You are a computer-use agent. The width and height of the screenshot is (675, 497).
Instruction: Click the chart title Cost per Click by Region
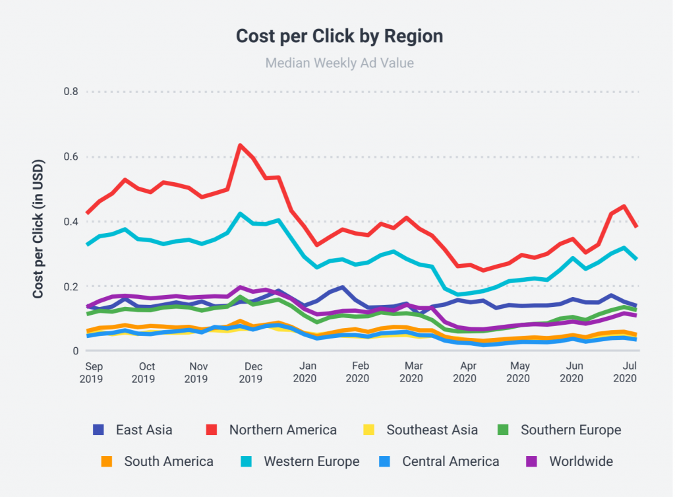339,36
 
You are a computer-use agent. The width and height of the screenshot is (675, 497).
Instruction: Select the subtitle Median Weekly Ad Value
339,63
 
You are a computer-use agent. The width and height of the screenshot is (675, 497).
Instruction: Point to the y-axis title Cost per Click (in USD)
38,228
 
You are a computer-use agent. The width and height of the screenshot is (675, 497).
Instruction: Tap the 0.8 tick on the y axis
71,92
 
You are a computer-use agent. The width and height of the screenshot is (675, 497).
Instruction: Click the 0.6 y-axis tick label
71,157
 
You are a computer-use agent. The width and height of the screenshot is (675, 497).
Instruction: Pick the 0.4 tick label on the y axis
71,222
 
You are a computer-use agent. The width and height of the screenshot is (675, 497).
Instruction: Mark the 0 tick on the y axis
75,351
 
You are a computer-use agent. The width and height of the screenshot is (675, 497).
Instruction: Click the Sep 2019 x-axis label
94,372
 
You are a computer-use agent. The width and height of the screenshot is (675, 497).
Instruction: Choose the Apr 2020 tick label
465,372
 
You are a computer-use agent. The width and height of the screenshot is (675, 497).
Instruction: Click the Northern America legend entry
283,430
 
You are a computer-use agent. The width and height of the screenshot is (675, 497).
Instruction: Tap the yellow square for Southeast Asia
369,430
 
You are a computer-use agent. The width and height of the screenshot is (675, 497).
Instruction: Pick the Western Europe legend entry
311,461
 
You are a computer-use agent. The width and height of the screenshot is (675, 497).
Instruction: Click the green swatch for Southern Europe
504,430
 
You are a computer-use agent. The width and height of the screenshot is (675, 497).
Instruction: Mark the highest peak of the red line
240,145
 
